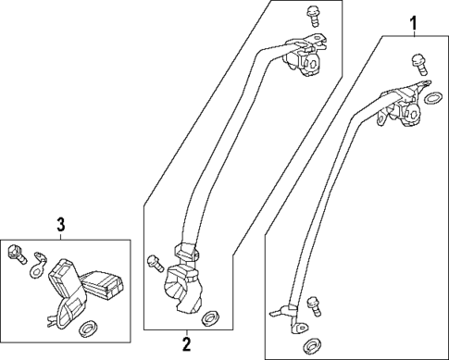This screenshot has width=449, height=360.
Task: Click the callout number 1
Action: click(x=414, y=21)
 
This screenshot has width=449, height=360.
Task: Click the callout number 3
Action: click(x=61, y=224)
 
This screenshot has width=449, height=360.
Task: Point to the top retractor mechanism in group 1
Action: click(x=404, y=108)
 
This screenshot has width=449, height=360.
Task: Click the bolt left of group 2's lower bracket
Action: click(x=153, y=261)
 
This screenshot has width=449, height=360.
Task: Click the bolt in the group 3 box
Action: click(x=16, y=252)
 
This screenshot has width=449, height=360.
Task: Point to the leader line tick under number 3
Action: click(x=61, y=235)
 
